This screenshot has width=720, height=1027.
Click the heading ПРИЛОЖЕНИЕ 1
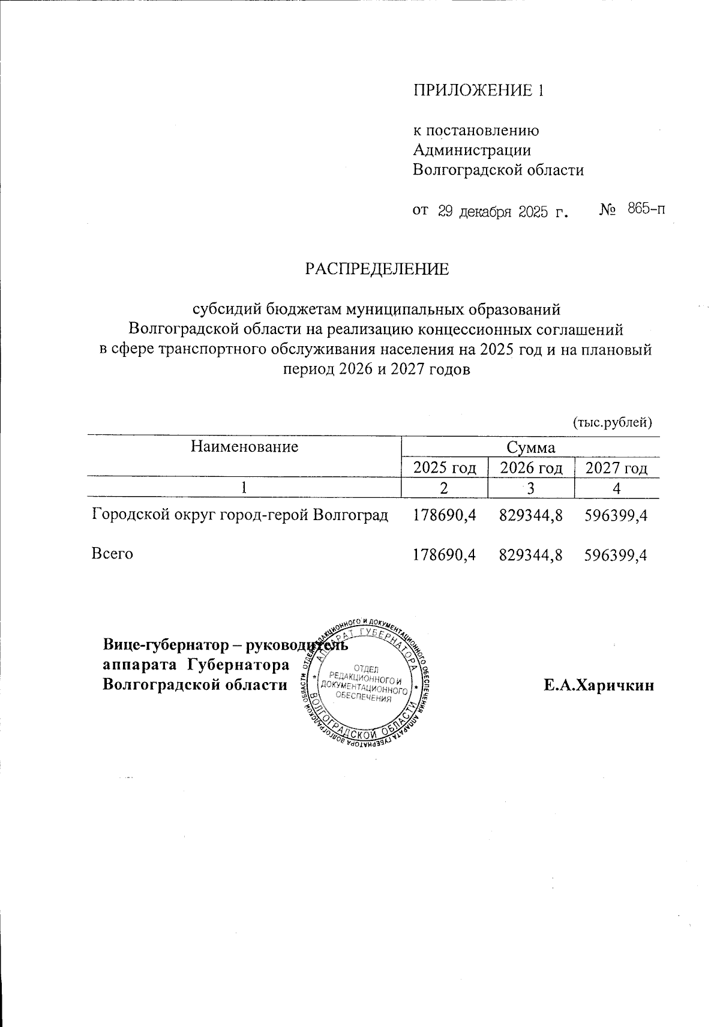coord(478,90)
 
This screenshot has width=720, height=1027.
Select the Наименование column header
coord(244,446)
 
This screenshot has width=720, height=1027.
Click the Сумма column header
coord(530,448)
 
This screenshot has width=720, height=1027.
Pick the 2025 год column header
coord(444,468)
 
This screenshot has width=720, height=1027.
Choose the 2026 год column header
coord(531,468)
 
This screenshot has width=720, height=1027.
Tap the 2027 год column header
coord(616,468)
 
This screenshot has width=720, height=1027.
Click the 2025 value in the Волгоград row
coord(444,515)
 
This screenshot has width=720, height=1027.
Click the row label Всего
coord(112,554)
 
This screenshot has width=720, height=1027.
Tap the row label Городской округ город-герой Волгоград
coord(239,515)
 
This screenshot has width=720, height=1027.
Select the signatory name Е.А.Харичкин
coord(598,686)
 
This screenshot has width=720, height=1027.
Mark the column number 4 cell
coord(616,488)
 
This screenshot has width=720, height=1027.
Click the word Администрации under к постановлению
coord(472,150)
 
